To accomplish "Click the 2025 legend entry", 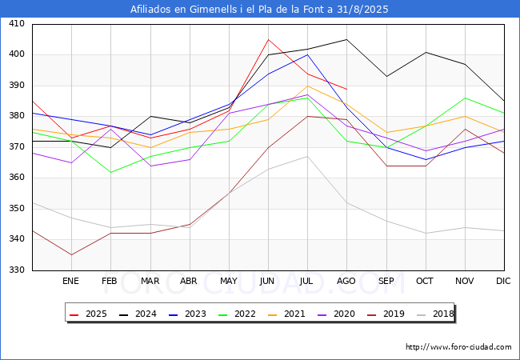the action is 88,314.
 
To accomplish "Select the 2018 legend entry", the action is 435,314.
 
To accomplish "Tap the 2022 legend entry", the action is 237,314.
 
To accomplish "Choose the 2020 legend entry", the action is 336,314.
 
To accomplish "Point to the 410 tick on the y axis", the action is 17,23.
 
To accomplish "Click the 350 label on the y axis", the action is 17,208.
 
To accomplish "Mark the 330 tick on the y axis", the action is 17,270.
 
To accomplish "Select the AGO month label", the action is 346,281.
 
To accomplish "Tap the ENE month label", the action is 70,281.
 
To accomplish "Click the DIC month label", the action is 503,281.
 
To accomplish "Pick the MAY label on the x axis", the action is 229,281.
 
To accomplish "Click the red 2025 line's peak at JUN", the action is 268,39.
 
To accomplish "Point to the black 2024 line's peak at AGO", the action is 347,39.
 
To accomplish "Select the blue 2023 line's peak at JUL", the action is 308,54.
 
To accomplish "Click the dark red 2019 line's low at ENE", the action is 71,254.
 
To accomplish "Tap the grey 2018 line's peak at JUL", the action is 308,156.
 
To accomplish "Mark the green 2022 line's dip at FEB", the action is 110,172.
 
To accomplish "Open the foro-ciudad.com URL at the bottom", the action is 458,347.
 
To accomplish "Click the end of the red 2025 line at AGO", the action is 347,89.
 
